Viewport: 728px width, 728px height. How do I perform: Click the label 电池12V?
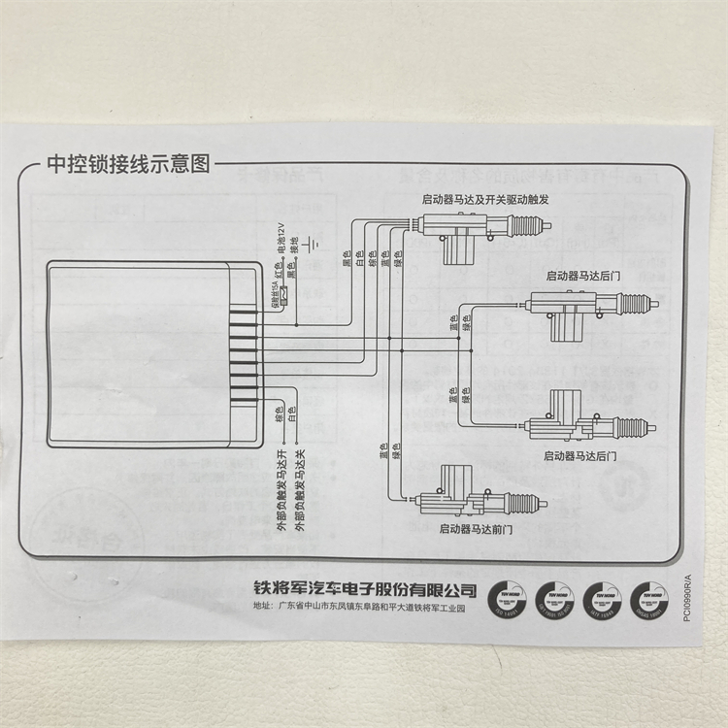[x=282, y=238]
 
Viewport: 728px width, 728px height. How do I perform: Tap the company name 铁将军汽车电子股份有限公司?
[x=365, y=589]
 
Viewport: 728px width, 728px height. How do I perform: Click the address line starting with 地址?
[x=359, y=610]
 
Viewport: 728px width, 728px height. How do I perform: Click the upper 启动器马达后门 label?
[x=583, y=276]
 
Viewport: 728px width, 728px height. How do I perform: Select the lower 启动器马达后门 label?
[x=580, y=454]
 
